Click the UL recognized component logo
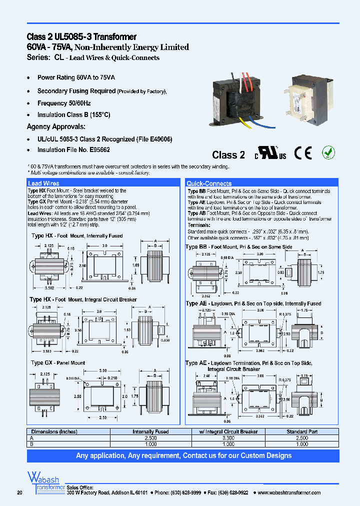click(x=271, y=154)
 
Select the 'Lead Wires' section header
click(x=43, y=183)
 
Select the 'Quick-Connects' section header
click(x=209, y=183)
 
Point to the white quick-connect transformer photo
click(x=304, y=100)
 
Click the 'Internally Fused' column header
click(x=150, y=431)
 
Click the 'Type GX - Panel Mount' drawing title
click(x=58, y=362)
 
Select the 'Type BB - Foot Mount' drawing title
click(x=238, y=247)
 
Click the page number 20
click(x=20, y=493)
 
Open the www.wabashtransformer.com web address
click(x=290, y=492)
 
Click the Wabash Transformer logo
click(x=45, y=482)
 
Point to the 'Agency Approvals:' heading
click(x=56, y=127)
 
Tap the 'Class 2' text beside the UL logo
click(x=228, y=155)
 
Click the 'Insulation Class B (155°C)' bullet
click(x=73, y=115)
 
